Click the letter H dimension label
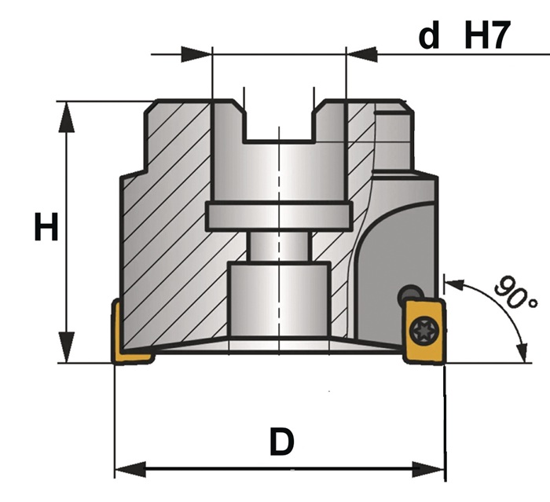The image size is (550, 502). pos(46,226)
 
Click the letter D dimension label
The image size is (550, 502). pos(281,441)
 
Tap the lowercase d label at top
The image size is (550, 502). pos(429,35)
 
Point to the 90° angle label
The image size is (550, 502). pos(515,292)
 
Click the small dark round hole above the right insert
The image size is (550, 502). pos(410,294)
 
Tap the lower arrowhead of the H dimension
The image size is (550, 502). pos(66,347)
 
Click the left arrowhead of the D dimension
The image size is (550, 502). pos(130,469)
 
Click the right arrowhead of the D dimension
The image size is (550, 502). pos(429,469)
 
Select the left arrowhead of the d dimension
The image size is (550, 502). pos(196,54)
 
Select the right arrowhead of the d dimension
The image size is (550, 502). pos(362,54)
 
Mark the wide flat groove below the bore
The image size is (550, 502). pos(279,217)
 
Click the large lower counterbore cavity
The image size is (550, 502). pos(279,299)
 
